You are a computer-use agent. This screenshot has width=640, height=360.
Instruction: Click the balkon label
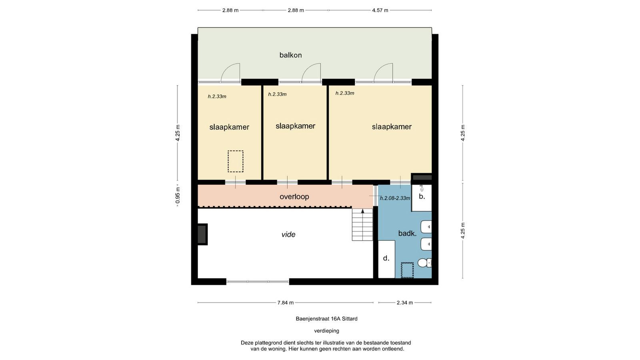tap(290, 55)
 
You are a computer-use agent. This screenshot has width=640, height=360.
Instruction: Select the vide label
tap(288, 234)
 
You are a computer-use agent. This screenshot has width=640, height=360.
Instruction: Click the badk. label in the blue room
tap(407, 234)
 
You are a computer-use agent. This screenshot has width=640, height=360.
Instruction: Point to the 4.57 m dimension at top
tap(380, 10)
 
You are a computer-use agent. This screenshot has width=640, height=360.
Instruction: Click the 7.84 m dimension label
tap(286, 302)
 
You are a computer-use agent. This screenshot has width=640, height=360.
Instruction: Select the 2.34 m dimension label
tap(404, 302)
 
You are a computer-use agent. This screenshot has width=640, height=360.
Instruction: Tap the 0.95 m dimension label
tap(178, 196)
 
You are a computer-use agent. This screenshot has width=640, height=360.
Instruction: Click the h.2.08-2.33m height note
tap(395, 198)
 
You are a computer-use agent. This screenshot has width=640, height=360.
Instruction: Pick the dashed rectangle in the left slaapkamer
tap(236, 162)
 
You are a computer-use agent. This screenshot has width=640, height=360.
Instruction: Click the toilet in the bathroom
tap(424, 262)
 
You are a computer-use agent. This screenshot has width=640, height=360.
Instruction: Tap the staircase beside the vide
tap(362, 224)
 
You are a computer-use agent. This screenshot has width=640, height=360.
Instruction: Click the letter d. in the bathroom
tap(386, 258)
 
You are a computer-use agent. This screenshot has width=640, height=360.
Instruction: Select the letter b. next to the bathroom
tap(422, 196)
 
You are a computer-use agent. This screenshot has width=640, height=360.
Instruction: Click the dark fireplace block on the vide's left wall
tap(202, 234)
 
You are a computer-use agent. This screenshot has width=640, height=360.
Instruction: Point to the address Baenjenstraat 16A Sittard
tap(326, 318)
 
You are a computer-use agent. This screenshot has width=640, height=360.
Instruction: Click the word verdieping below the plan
tap(326, 331)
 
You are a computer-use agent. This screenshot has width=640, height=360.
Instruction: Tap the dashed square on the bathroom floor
tap(407, 270)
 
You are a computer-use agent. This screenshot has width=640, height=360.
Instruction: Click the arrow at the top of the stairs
tap(362, 211)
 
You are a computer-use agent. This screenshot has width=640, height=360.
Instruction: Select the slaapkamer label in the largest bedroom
tap(392, 127)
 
